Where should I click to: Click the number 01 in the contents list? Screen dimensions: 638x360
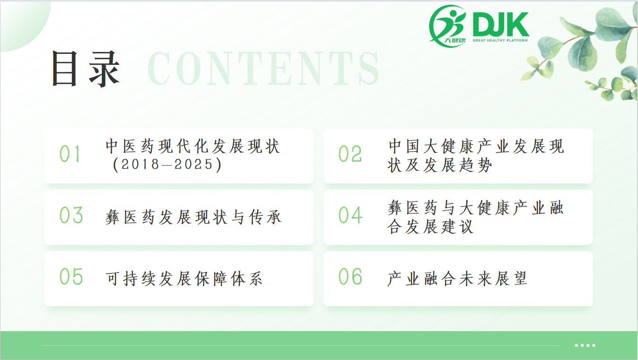70,154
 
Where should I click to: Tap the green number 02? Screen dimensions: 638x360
350,154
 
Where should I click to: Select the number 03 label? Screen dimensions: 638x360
71,215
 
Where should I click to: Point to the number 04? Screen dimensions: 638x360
350,215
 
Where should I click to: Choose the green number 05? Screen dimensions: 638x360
71,276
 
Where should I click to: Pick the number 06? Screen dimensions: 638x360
350,276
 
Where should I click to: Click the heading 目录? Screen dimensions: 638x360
85,69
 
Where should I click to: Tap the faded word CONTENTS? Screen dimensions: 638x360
263,68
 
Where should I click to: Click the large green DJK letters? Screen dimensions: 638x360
501,24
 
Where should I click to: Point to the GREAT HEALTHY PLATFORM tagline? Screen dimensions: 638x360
500,40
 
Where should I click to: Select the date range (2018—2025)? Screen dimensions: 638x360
167,165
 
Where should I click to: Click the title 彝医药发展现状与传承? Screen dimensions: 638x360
193,217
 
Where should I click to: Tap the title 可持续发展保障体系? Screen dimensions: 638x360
184,278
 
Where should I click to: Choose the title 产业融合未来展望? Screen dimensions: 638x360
457,278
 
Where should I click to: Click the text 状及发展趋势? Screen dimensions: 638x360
439,165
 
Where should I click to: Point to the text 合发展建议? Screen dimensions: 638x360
430,227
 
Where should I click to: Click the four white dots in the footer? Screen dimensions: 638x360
585,345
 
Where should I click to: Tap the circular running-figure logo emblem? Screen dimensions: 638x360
447,26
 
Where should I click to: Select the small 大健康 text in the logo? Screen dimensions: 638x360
455,40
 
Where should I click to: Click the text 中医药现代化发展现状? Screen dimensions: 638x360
193,146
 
